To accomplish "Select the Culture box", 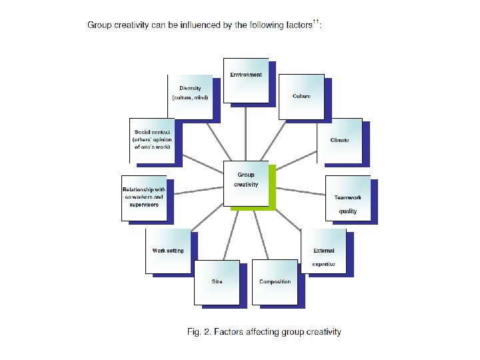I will click(301, 97).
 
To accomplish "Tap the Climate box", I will click(339, 141).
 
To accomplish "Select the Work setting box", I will click(167, 251).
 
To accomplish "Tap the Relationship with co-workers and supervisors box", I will click(143, 197).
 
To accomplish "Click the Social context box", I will click(151, 140).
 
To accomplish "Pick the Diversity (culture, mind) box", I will click(189, 97).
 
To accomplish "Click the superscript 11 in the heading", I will click(317, 22).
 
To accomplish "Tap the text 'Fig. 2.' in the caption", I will click(198, 331).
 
